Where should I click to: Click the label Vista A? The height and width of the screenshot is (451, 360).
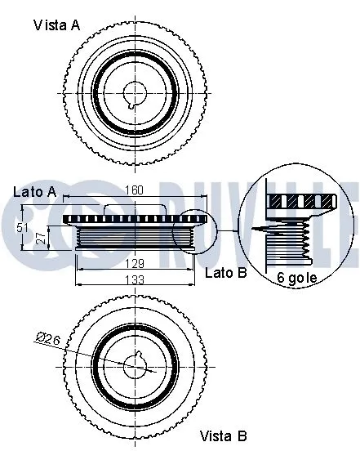tap(56, 25)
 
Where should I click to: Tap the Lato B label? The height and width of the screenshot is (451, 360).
tap(226, 272)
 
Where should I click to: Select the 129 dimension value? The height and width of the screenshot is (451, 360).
tap(134, 263)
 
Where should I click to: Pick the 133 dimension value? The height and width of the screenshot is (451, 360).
tap(134, 280)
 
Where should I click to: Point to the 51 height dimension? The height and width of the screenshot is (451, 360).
tap(22, 228)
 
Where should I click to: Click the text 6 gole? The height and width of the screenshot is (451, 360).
tap(297, 278)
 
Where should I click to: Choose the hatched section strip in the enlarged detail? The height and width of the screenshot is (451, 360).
tap(302, 200)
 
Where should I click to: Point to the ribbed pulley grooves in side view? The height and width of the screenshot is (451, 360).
tap(134, 239)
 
